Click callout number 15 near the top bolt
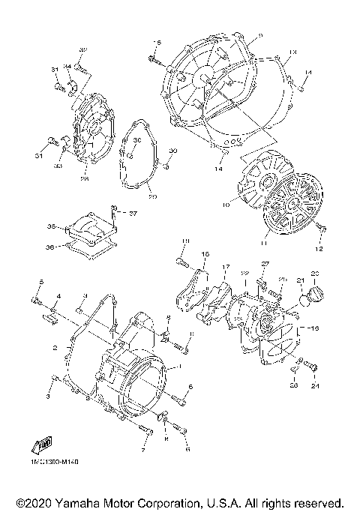point(157,42)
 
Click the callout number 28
point(85,179)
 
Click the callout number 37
point(133,212)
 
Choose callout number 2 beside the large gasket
point(55,349)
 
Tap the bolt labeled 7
point(148,430)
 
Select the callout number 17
point(224,267)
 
